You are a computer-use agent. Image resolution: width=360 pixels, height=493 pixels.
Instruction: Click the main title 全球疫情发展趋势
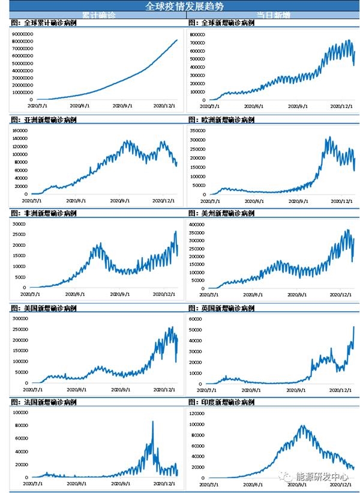click(x=180, y=6)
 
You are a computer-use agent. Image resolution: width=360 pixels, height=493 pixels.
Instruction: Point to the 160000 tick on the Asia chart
click(x=20, y=129)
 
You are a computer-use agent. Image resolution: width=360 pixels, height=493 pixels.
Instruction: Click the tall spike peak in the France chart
click(x=152, y=422)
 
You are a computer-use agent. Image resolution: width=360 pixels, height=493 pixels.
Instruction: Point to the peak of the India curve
click(x=302, y=426)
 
